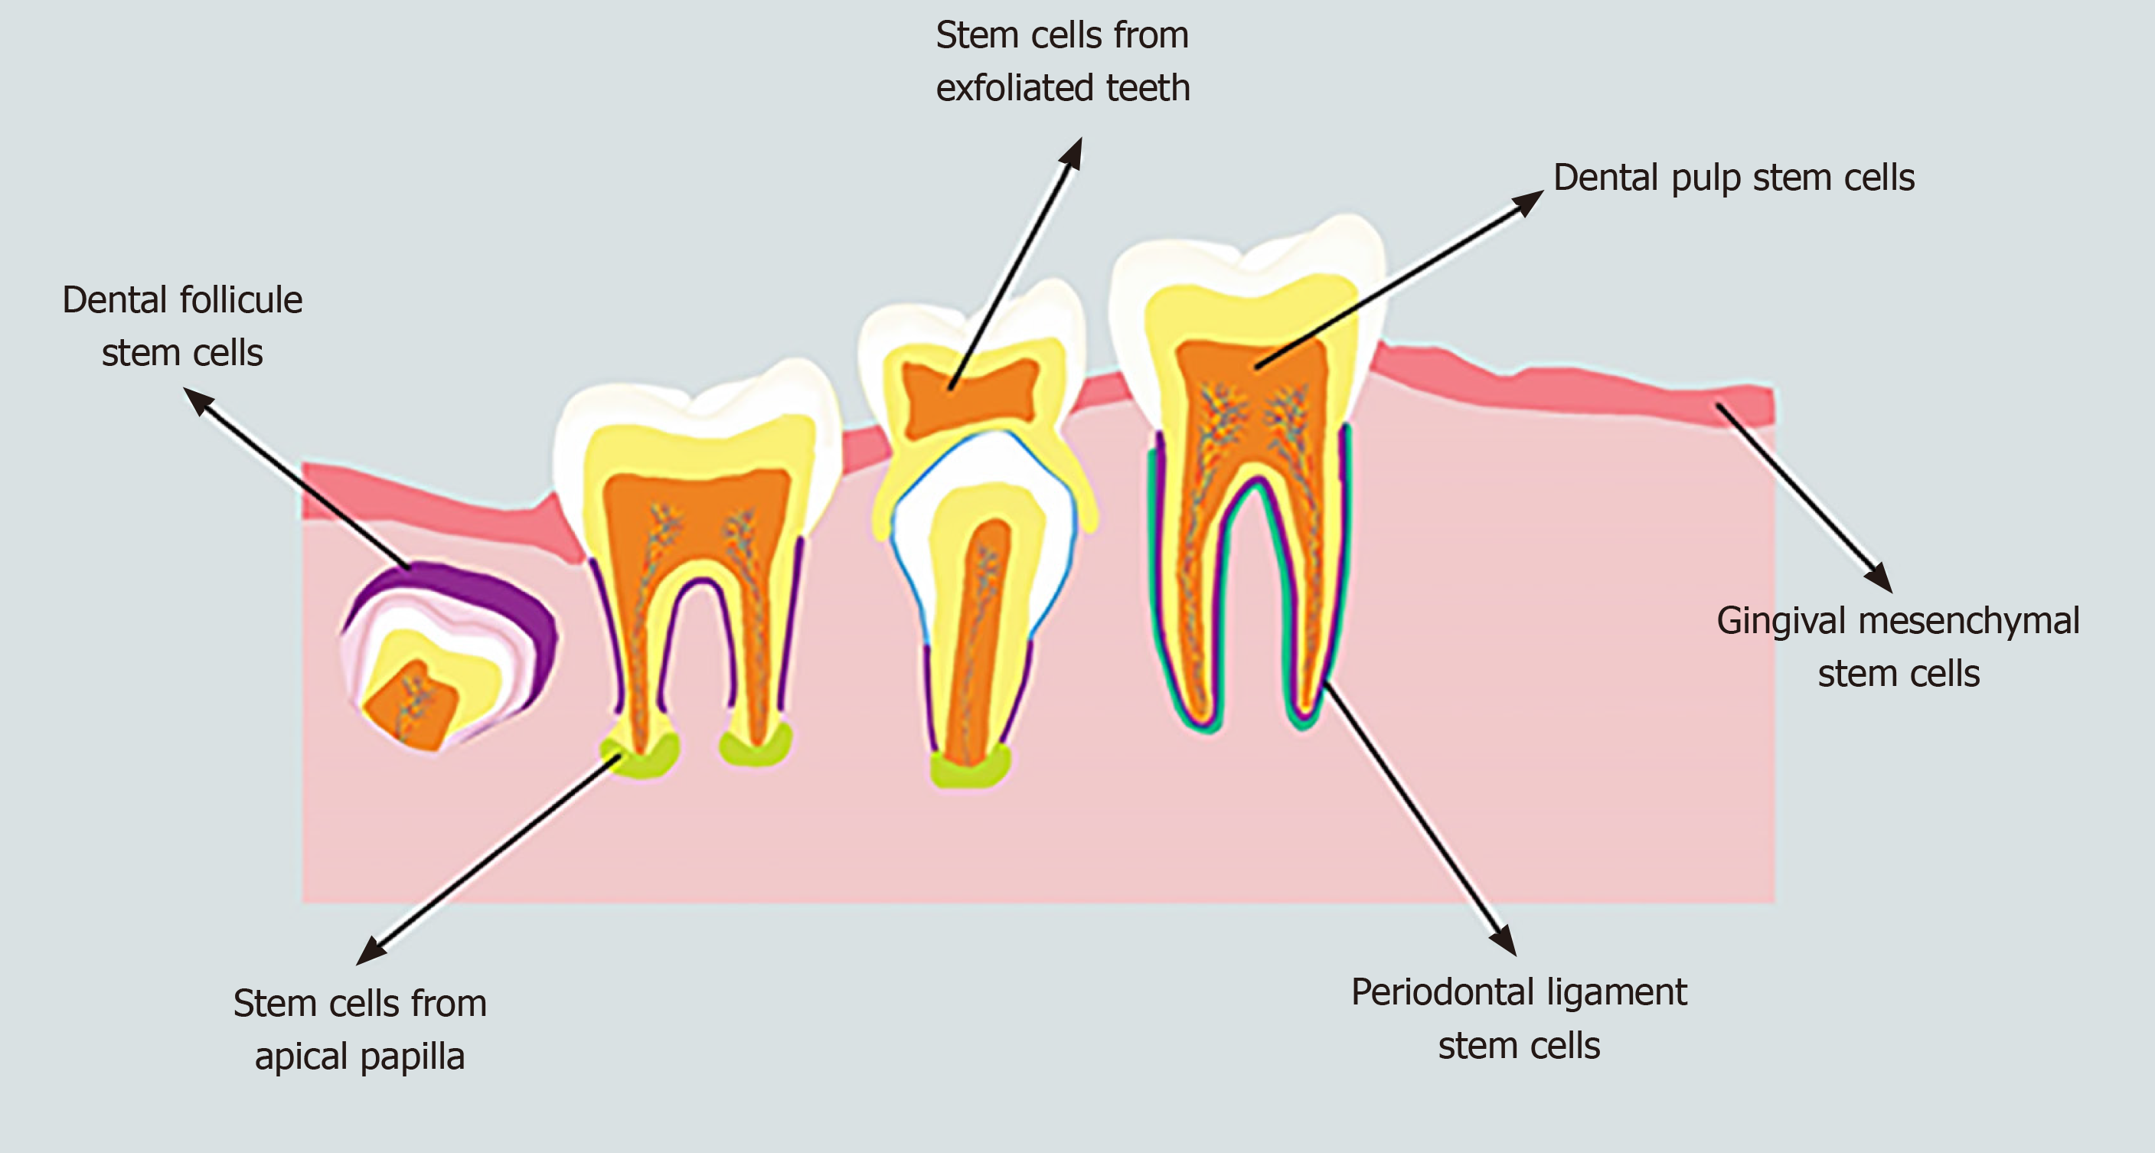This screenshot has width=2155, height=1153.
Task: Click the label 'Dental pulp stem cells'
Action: point(1733,178)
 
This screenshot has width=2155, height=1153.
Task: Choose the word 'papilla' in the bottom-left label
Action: point(412,1057)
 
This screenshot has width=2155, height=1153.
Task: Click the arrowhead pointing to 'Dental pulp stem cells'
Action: point(1530,200)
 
